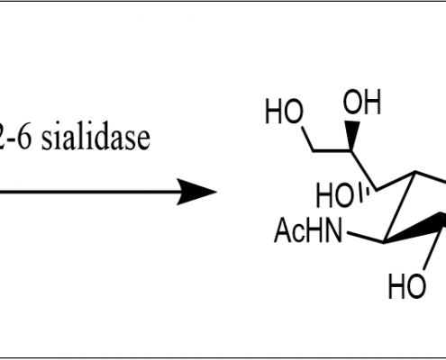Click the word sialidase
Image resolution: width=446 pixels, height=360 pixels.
tap(96, 138)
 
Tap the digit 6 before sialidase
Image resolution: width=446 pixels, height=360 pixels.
tap(24, 138)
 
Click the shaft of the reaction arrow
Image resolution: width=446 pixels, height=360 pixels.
tap(90, 192)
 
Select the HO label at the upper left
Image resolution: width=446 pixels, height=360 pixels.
tap(284, 112)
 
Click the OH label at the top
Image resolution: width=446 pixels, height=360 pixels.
tap(362, 102)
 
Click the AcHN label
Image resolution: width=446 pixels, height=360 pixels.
tap(308, 230)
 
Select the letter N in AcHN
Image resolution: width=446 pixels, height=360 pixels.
tap(332, 230)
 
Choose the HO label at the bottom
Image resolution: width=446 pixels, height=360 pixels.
tap(407, 286)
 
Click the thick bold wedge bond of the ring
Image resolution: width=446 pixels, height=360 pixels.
tap(414, 229)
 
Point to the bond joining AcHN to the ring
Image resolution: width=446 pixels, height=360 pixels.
tap(365, 237)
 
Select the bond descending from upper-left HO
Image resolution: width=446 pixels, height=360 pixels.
tap(308, 139)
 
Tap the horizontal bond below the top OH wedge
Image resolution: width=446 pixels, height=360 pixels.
tap(332, 150)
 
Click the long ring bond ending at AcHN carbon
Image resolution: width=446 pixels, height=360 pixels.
tap(399, 207)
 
